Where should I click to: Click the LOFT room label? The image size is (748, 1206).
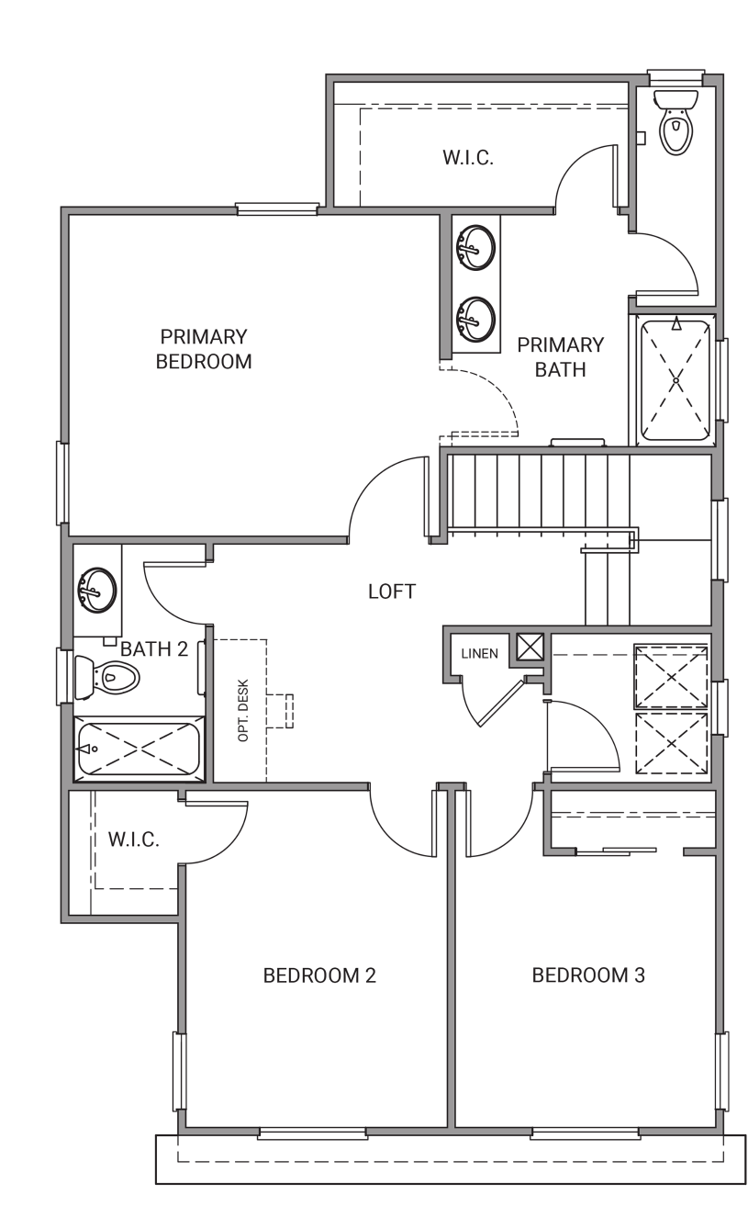[392, 592]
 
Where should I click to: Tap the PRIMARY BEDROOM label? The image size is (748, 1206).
[204, 349]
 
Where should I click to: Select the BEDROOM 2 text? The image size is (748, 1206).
[319, 975]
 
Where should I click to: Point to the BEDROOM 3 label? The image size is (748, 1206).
[588, 975]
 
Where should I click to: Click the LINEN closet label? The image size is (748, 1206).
[479, 654]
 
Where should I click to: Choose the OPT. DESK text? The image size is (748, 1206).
[243, 711]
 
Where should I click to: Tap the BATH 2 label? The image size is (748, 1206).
[154, 649]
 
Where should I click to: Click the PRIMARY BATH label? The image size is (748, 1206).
[560, 357]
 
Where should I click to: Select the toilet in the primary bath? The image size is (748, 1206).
[675, 122]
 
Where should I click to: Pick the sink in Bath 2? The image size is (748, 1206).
[97, 589]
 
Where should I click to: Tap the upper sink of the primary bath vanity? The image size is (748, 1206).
[475, 248]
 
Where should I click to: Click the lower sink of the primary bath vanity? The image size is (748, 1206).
[475, 318]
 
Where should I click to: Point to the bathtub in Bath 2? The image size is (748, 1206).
[139, 749]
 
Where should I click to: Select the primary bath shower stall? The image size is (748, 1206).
[675, 380]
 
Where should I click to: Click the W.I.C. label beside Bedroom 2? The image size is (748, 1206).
[133, 840]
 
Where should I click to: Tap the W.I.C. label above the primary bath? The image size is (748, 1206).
[468, 158]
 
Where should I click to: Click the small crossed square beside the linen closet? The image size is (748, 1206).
[530, 647]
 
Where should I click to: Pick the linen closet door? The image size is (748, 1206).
[501, 704]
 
